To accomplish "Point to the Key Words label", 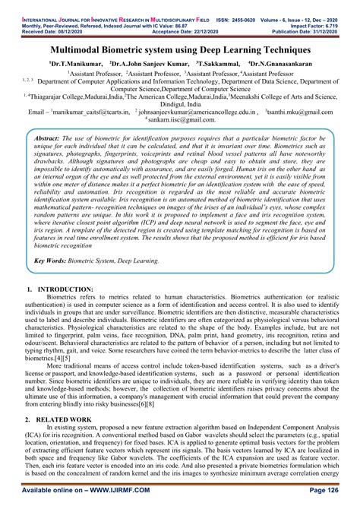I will pos(56,261).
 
